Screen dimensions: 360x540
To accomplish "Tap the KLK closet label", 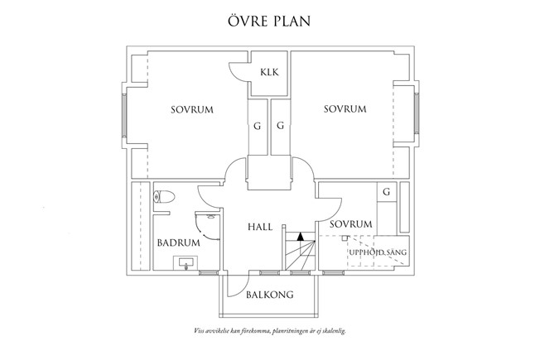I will (x=269, y=73).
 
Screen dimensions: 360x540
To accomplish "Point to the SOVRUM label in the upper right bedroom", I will (x=345, y=109).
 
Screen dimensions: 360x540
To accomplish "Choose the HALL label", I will (x=261, y=226).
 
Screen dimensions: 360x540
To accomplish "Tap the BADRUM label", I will (x=177, y=243).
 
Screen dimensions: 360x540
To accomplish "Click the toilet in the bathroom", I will (x=163, y=196).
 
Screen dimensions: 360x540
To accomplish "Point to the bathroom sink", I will (x=186, y=264).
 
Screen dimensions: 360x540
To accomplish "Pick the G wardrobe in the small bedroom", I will (x=385, y=192).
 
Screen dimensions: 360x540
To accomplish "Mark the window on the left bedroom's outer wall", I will (x=125, y=118).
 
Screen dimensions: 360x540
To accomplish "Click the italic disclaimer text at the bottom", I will (x=269, y=330).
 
